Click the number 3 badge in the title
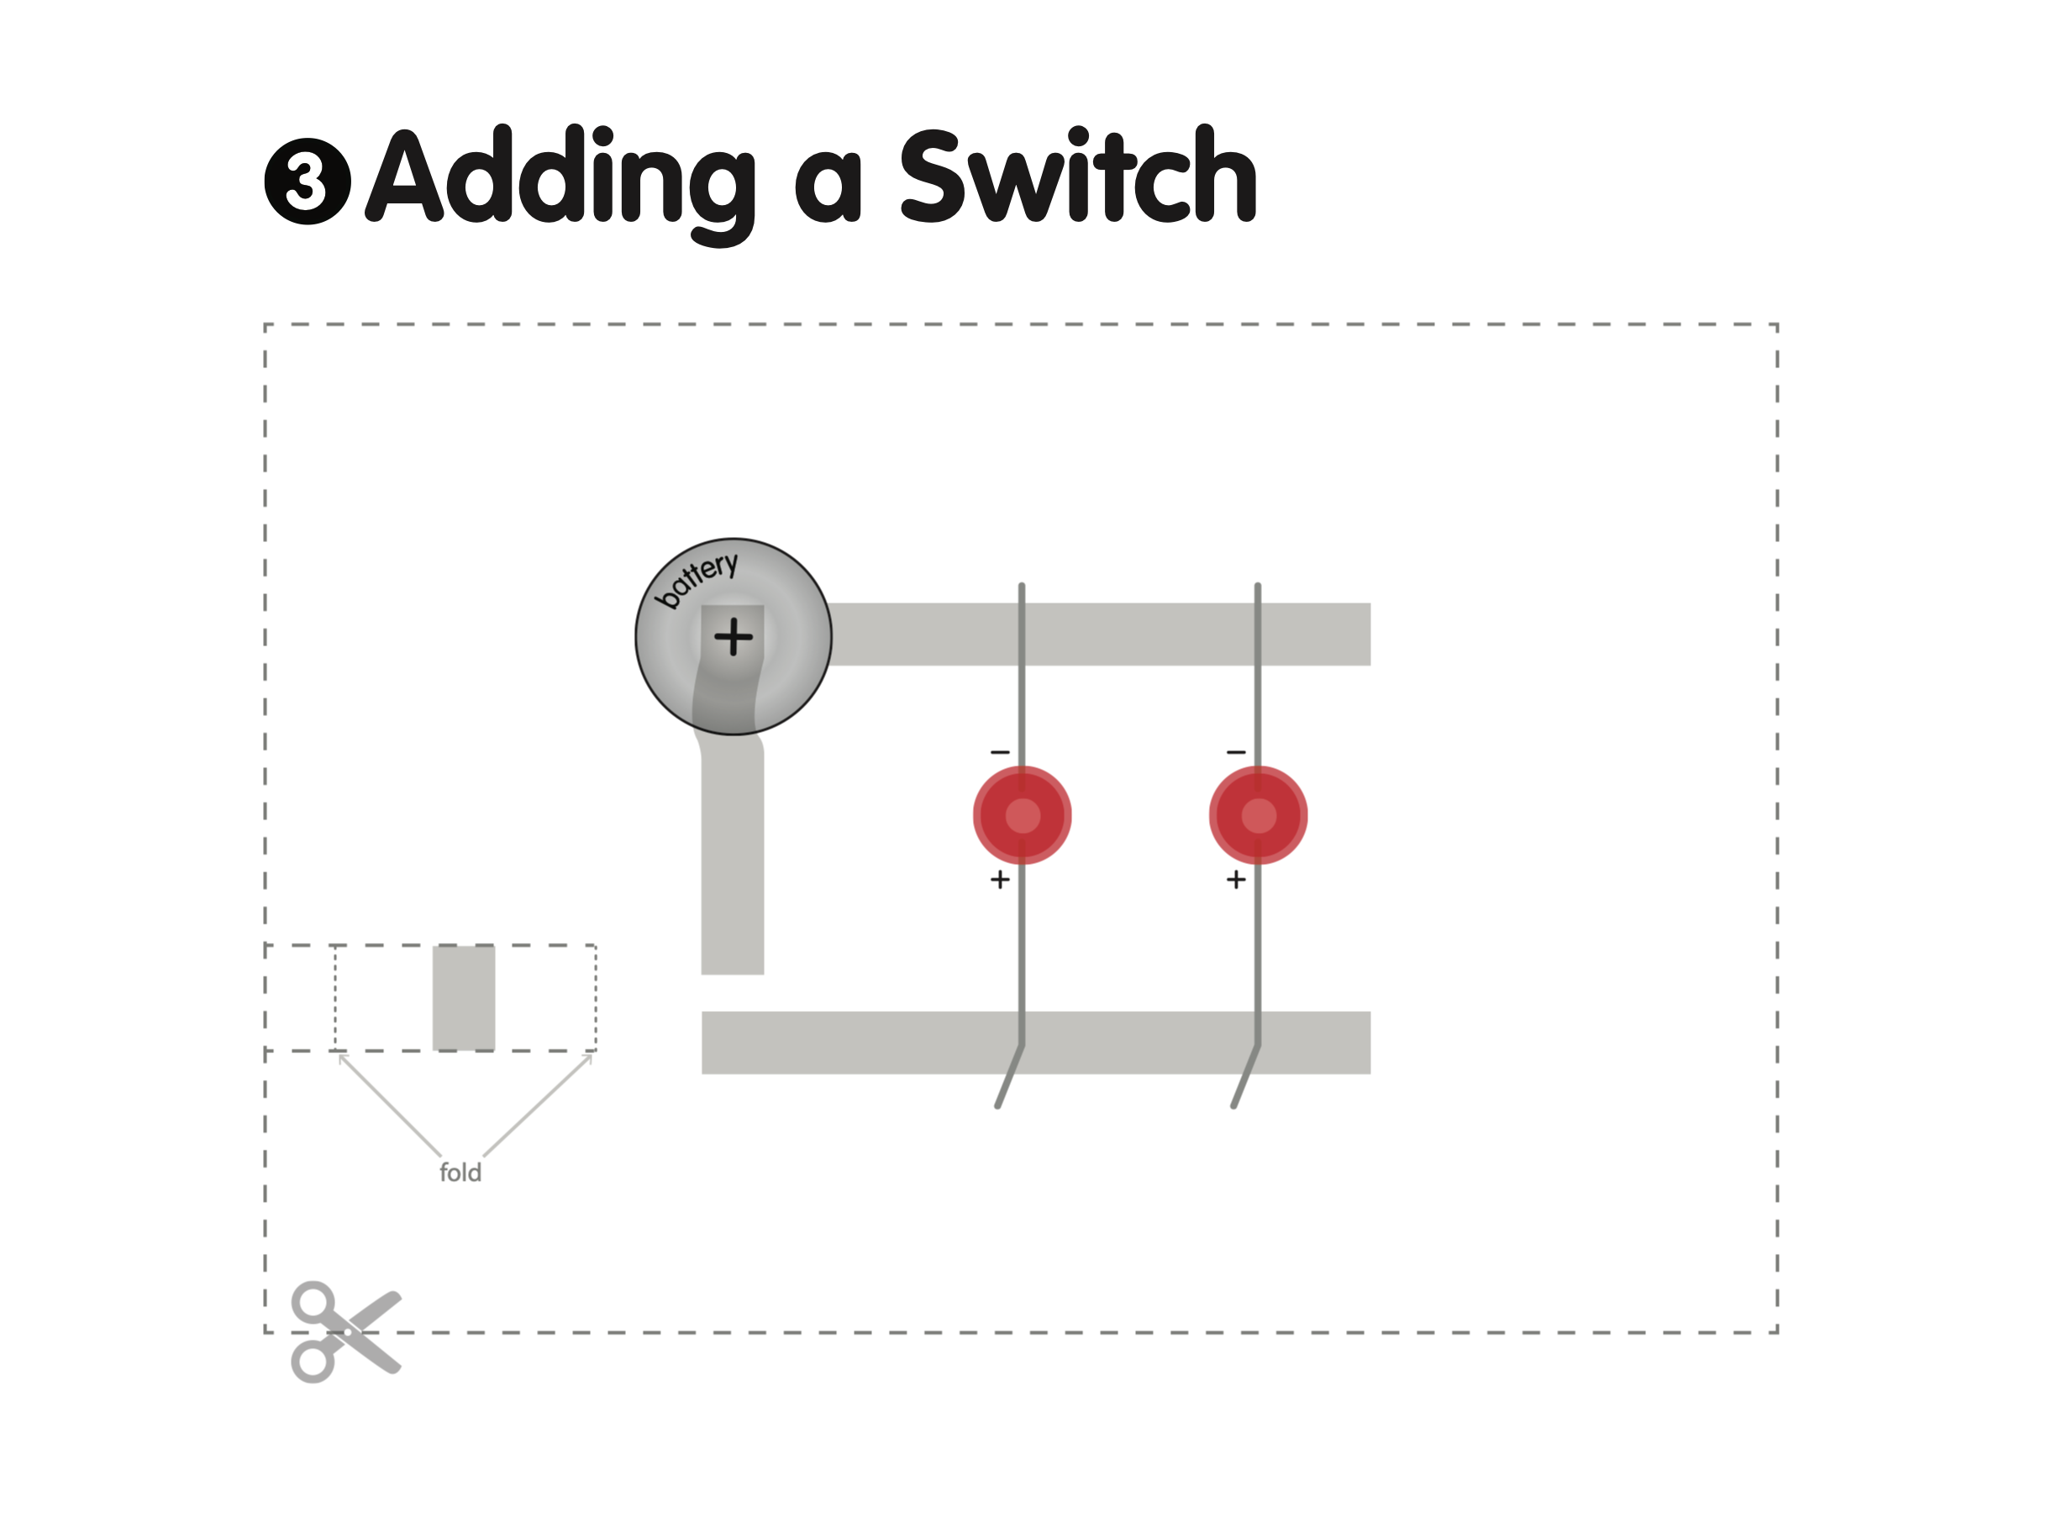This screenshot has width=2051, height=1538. click(307, 181)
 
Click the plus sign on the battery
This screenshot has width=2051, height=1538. click(734, 637)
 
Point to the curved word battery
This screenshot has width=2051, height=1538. click(697, 579)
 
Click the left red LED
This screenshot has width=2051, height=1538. click(1022, 815)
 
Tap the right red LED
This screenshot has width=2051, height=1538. click(1258, 815)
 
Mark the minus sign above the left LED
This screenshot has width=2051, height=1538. click(1000, 752)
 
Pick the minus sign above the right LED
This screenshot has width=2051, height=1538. click(1236, 752)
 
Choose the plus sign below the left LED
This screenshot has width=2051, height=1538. click(1000, 879)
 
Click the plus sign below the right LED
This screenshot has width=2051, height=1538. click(1236, 879)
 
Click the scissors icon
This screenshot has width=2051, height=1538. click(345, 1332)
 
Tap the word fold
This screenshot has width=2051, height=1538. click(460, 1172)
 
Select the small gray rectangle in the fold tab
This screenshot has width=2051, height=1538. click(464, 998)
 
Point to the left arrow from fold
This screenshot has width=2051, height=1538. click(389, 1103)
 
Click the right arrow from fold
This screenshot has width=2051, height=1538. click(538, 1103)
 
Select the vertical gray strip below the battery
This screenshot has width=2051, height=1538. click(733, 862)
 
